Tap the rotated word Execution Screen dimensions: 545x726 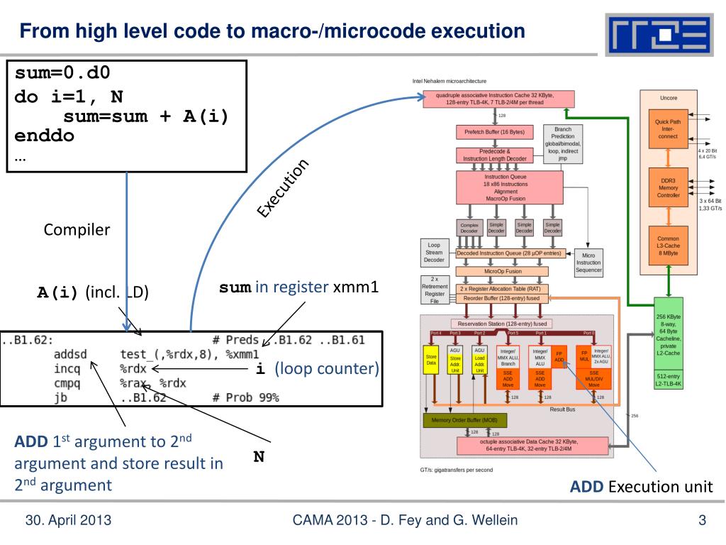click(283, 188)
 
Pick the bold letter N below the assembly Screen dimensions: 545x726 click(259, 457)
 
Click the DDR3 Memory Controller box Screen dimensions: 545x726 click(668, 187)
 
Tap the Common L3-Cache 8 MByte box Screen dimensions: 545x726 click(668, 245)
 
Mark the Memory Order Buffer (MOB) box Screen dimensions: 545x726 click(464, 421)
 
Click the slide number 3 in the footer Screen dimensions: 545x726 click(702, 522)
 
